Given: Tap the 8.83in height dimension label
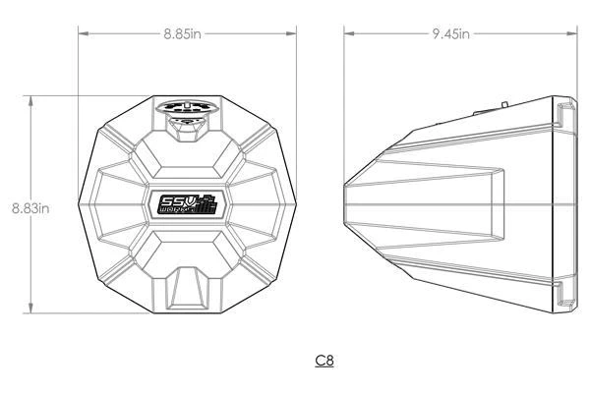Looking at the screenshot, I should pos(30,207).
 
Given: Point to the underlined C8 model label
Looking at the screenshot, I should pos(324,361).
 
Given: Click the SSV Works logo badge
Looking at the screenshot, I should pos(187,204).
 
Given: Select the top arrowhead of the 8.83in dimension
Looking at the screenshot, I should pos(31,99).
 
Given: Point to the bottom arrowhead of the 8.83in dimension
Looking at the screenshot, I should pos(31,310).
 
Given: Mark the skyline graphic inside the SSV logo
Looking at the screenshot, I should pos(204,206).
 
